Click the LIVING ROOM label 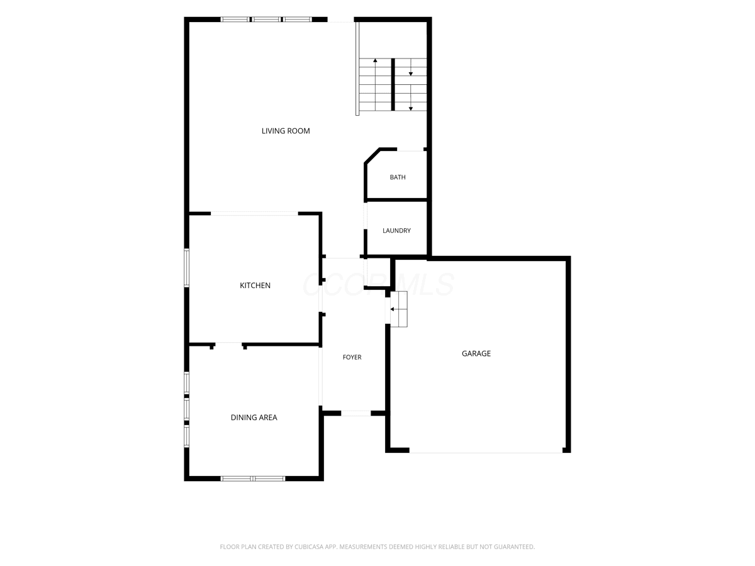tap(286, 131)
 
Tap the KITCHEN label tap(255, 286)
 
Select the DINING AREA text tap(254, 418)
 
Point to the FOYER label tap(352, 357)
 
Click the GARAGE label tap(476, 353)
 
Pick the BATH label tap(398, 177)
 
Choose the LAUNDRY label tap(396, 231)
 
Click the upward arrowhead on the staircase tap(375, 60)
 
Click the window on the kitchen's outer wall tap(186, 268)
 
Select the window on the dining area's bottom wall tap(253, 479)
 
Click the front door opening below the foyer tap(355, 413)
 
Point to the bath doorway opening tap(410, 150)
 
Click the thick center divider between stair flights tap(393, 84)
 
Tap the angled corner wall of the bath tap(372, 157)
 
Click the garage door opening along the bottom tap(486, 450)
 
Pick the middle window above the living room tap(266, 19)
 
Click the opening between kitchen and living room tap(254, 214)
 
